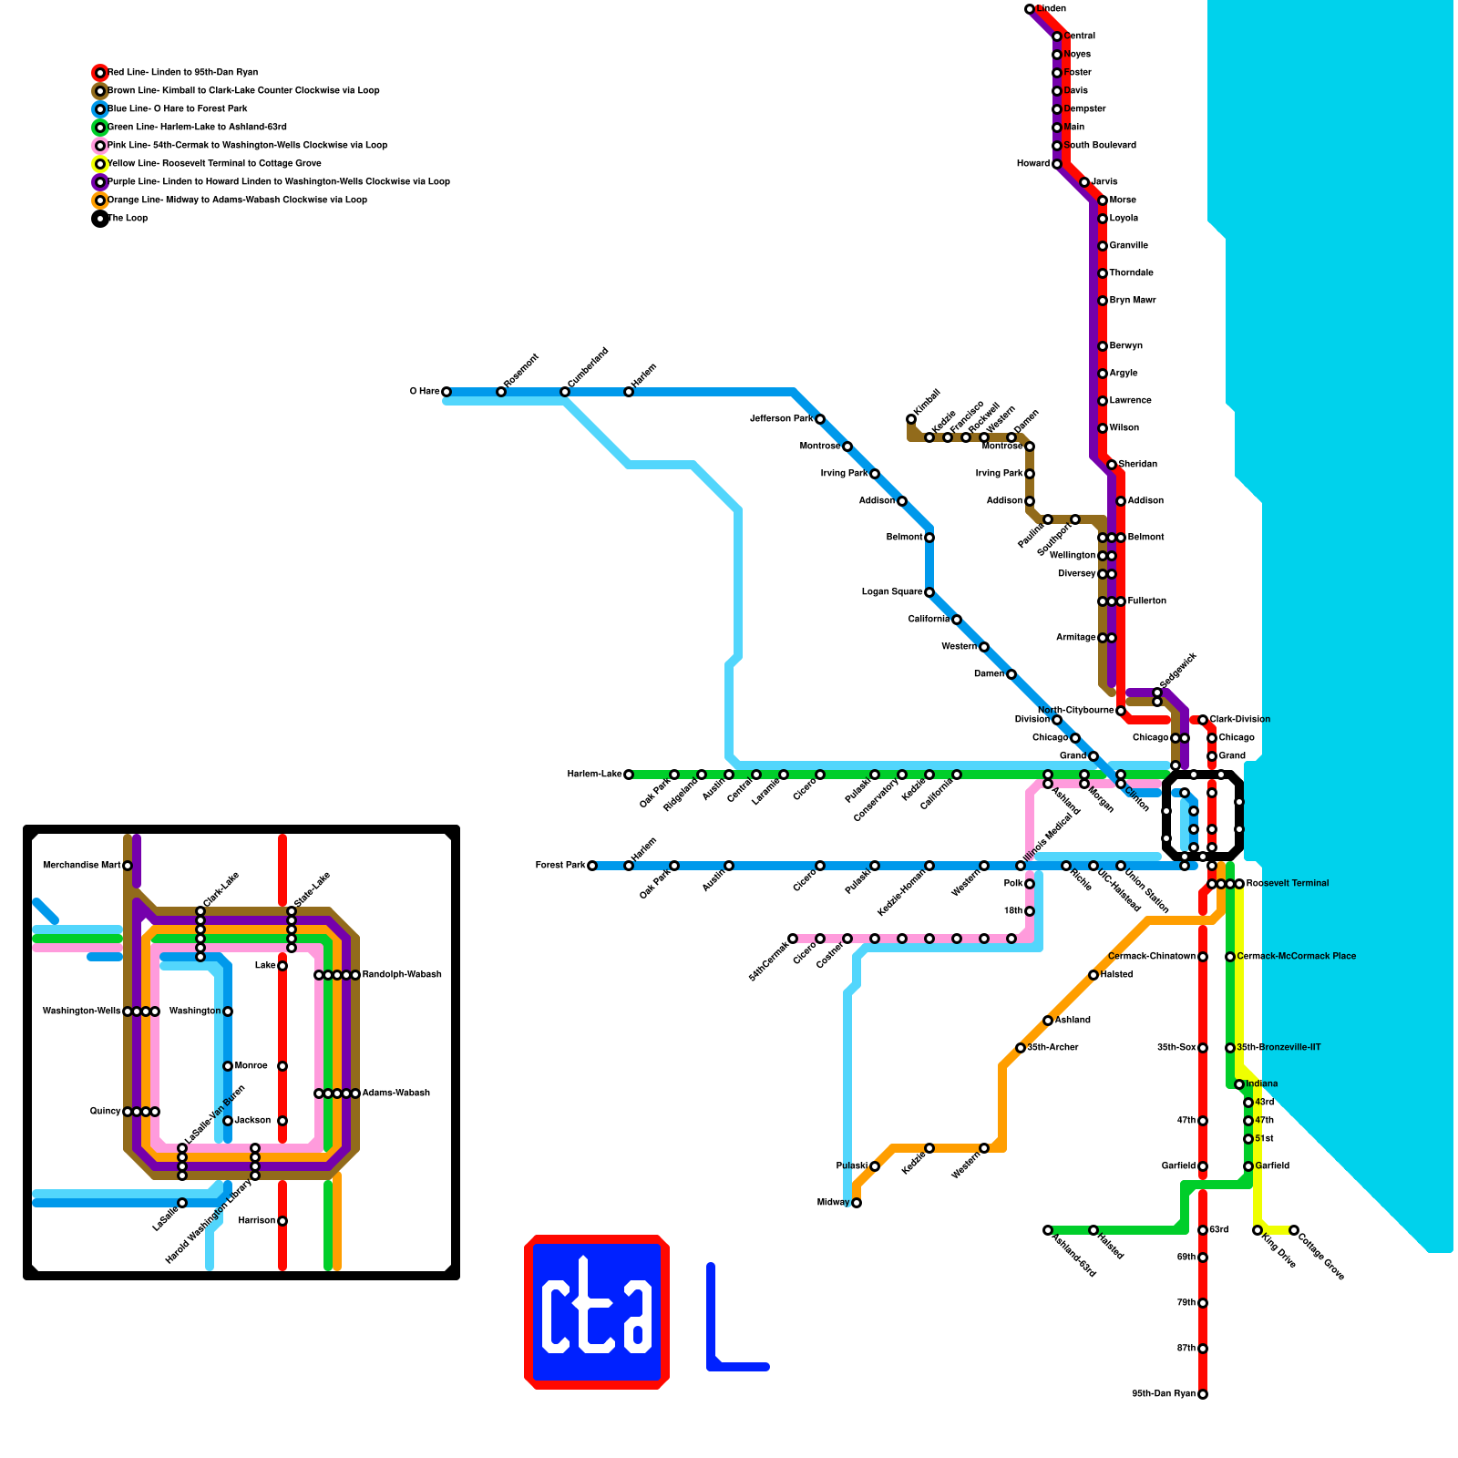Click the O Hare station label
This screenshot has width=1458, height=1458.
(x=425, y=392)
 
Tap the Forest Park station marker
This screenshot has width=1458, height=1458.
(x=592, y=866)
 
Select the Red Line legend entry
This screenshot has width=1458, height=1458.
(x=182, y=73)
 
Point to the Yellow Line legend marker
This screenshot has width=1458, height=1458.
(x=100, y=164)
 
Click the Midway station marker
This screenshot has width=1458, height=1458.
(x=857, y=1203)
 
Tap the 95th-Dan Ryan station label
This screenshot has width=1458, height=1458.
(x=1164, y=1394)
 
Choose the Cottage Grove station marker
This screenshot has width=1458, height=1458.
(x=1294, y=1230)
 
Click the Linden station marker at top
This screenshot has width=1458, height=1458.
(x=1030, y=9)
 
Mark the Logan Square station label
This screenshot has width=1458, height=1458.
(x=892, y=592)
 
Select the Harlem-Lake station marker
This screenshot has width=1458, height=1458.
(x=629, y=775)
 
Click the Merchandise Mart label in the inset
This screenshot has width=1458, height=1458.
(x=82, y=866)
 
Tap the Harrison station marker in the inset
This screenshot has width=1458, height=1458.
(x=282, y=1221)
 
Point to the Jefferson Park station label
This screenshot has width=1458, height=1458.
(x=781, y=419)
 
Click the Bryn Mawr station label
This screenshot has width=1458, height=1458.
(x=1132, y=301)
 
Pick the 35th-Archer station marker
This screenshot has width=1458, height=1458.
(x=1021, y=1048)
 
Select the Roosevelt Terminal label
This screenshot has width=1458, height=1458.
(x=1287, y=884)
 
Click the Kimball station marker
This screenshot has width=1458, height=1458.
(x=911, y=419)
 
